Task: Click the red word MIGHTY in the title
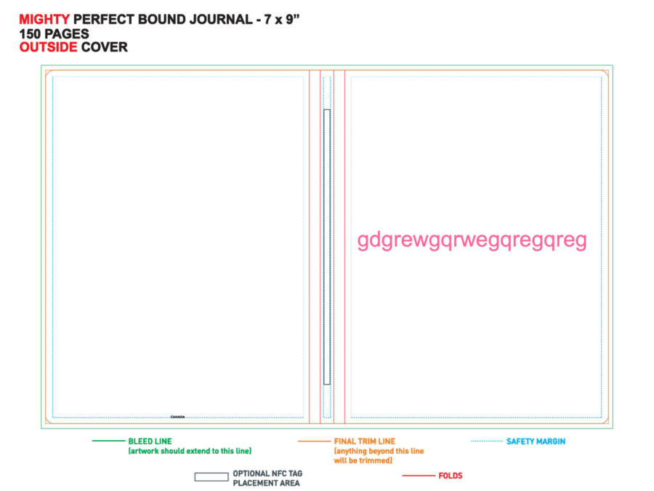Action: pyautogui.click(x=44, y=20)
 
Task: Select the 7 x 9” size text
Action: pyautogui.click(x=281, y=20)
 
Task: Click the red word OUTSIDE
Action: pyautogui.click(x=49, y=47)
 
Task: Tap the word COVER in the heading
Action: pyautogui.click(x=104, y=47)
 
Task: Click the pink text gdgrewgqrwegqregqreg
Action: pyautogui.click(x=472, y=241)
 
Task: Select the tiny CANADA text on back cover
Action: pyautogui.click(x=178, y=417)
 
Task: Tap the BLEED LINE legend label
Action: pyautogui.click(x=150, y=442)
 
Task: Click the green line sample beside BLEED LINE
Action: pyautogui.click(x=108, y=441)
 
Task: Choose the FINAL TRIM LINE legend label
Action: pyautogui.click(x=365, y=442)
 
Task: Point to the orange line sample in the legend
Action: pyautogui.click(x=315, y=441)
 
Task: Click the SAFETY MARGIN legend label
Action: pyautogui.click(x=536, y=442)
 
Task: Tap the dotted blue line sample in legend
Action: pyautogui.click(x=487, y=441)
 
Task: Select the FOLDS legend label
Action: pyautogui.click(x=451, y=476)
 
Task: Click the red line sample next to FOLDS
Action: pyautogui.click(x=419, y=476)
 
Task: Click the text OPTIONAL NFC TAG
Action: pyautogui.click(x=267, y=474)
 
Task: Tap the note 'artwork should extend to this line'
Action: pyautogui.click(x=190, y=451)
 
